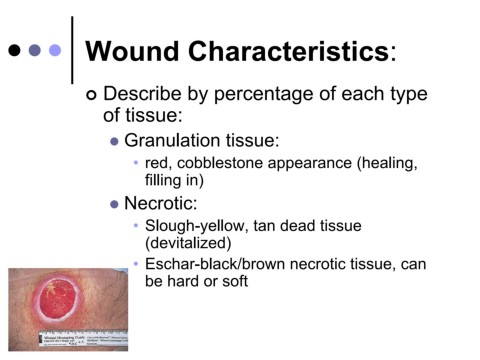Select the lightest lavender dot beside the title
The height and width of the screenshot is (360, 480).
tap(55, 49)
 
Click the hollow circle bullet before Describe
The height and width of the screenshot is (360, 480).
tap(94, 96)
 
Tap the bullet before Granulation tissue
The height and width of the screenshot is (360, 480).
tap(114, 141)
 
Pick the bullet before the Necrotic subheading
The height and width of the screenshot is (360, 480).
tap(114, 204)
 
